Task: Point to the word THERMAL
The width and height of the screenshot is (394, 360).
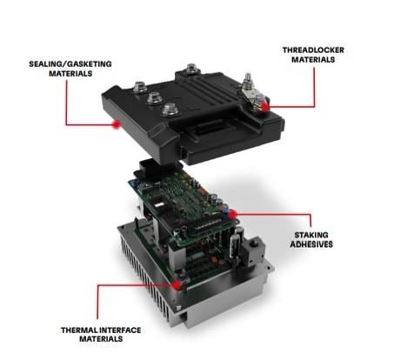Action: pos(82,330)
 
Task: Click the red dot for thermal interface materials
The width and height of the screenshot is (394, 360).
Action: pos(178,283)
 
